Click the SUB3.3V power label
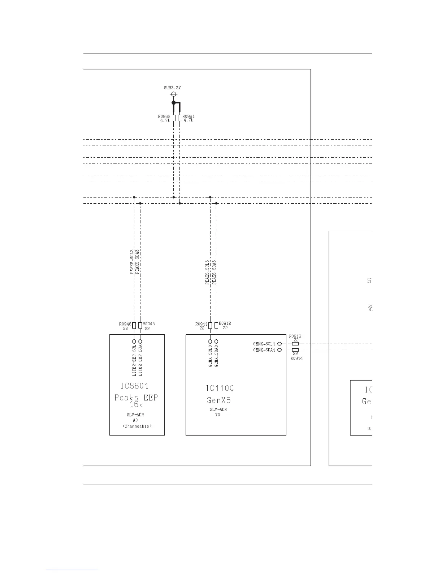[x=172, y=88]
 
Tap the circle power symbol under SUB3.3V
[x=174, y=94]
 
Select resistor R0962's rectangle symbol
[x=174, y=118]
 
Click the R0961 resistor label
[x=188, y=116]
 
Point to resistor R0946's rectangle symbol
[x=134, y=325]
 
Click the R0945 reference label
[x=149, y=324]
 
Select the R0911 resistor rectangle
[x=210, y=325]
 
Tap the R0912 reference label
[x=225, y=324]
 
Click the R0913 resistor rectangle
[x=295, y=344]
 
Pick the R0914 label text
[x=296, y=358]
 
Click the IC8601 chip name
[x=134, y=386]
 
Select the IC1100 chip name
[x=220, y=389]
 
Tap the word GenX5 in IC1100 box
[x=218, y=400]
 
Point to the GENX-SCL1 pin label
[x=264, y=344]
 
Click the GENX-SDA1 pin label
[x=264, y=350]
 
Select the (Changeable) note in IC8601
[x=137, y=426]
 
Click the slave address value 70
[x=218, y=415]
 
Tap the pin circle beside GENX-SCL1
[x=279, y=344]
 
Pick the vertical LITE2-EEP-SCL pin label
[x=134, y=360]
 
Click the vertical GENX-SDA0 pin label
[x=216, y=356]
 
